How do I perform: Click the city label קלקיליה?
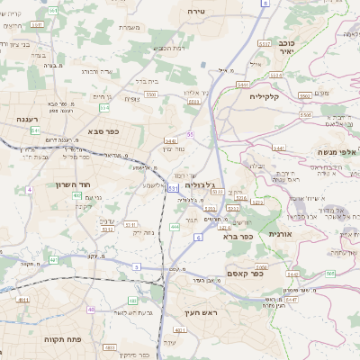(268, 96)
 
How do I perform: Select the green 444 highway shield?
(174, 227)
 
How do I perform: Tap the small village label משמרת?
(130, 28)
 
